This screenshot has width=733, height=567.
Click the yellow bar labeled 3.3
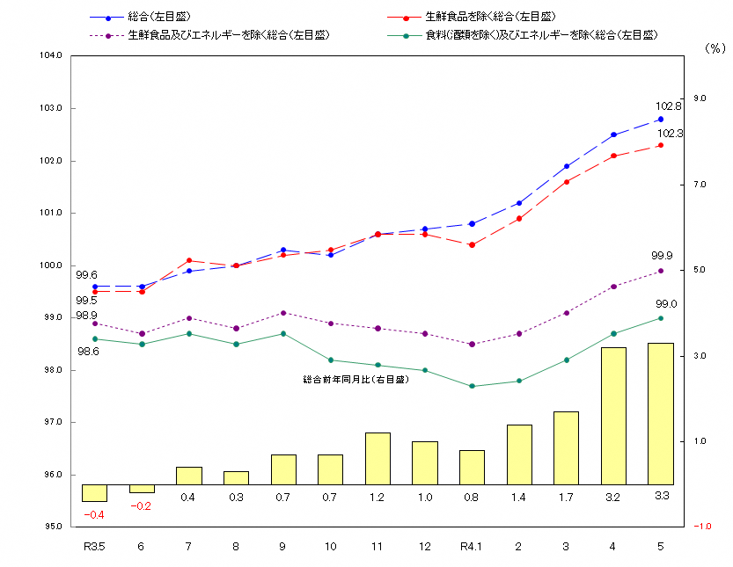[660, 413]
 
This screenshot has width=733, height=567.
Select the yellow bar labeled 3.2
[613, 416]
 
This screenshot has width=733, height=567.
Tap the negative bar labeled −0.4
[94, 493]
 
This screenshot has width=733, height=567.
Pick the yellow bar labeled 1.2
[377, 458]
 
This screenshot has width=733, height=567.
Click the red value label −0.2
[141, 506]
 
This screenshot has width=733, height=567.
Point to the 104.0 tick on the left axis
[52, 55]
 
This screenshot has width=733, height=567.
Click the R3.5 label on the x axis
[94, 547]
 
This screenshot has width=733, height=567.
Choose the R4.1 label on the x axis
[472, 547]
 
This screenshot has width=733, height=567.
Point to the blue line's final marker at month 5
[661, 120]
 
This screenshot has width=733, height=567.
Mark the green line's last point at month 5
[661, 318]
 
